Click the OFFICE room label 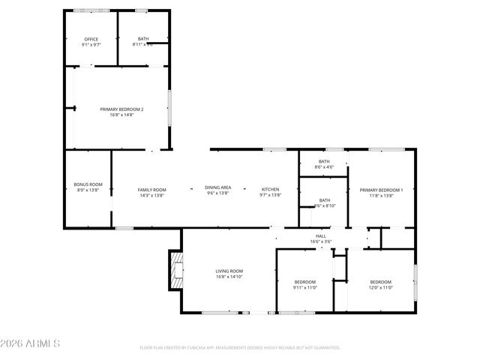(x=91, y=39)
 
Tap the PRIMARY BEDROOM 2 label (x=121, y=109)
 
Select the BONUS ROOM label (x=88, y=184)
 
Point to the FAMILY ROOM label (x=151, y=190)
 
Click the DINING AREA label (x=218, y=187)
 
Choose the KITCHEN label (x=270, y=190)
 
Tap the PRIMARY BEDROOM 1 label (x=381, y=190)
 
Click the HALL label (x=320, y=236)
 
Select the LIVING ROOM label (x=229, y=271)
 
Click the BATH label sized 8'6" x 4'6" (x=324, y=161)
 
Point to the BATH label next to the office (x=142, y=39)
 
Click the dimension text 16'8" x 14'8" (x=121, y=115)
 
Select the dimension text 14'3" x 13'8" (x=151, y=196)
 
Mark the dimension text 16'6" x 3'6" (x=320, y=242)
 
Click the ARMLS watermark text (x=30, y=343)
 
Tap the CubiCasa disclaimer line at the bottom (x=240, y=347)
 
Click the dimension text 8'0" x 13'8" (x=88, y=190)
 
